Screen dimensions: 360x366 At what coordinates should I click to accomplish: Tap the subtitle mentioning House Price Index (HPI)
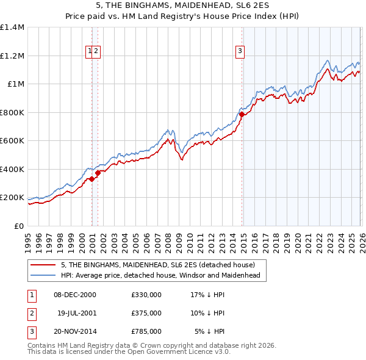click(183, 17)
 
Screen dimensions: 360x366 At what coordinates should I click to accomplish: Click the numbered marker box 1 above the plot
click(90, 51)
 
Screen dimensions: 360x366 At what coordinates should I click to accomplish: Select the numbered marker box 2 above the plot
click(96, 51)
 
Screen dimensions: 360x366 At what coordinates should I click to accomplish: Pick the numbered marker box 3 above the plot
click(240, 51)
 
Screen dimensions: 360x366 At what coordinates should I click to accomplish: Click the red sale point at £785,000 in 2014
click(242, 114)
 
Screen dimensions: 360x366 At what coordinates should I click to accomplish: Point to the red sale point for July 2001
click(98, 173)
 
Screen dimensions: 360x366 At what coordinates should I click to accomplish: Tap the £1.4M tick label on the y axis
click(12, 27)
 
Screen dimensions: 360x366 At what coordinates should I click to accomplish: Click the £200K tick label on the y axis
click(12, 198)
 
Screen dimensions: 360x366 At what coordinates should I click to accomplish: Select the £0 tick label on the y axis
click(20, 226)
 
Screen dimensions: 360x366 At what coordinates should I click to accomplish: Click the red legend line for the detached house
click(43, 265)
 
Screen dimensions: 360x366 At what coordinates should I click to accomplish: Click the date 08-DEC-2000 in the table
click(75, 295)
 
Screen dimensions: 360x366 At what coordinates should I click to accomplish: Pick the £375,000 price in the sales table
click(146, 313)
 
